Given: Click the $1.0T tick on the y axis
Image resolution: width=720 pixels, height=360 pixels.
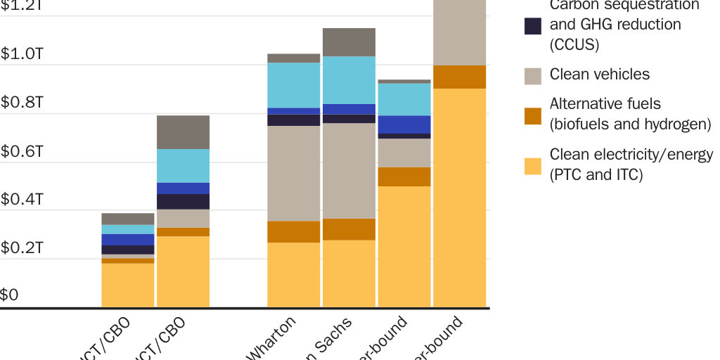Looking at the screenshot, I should [x=22, y=55].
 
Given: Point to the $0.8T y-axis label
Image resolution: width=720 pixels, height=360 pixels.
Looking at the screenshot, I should [x=22, y=103].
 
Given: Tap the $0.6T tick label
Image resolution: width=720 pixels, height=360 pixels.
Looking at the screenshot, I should [x=22, y=152].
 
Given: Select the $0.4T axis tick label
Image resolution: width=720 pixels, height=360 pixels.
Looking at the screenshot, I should [x=22, y=200].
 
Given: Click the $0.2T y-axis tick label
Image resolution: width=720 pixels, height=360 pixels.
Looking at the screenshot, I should [x=22, y=248].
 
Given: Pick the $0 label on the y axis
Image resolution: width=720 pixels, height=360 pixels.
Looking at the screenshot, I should [x=9, y=295].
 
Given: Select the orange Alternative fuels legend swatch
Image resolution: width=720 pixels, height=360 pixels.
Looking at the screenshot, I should [x=533, y=115].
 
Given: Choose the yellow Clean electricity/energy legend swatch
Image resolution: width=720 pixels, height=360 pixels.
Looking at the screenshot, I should [x=533, y=166].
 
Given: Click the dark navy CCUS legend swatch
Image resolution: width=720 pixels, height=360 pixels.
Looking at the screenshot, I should [x=533, y=26].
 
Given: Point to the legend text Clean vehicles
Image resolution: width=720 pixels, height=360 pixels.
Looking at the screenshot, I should [x=599, y=75].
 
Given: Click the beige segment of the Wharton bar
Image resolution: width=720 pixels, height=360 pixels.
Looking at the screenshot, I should [x=294, y=173].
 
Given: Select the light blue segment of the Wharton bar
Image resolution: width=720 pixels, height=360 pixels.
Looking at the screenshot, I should [x=294, y=85].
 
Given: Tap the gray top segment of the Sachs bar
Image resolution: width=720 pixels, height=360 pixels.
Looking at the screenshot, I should [x=349, y=42].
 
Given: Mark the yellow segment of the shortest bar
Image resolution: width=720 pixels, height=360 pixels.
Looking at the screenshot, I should [x=128, y=285].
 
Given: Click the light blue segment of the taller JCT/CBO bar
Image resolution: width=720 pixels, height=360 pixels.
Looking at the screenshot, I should [x=183, y=165].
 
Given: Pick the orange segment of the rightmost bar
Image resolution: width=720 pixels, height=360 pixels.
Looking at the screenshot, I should [x=459, y=77].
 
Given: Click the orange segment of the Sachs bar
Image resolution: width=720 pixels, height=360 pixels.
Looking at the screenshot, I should [x=349, y=229].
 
